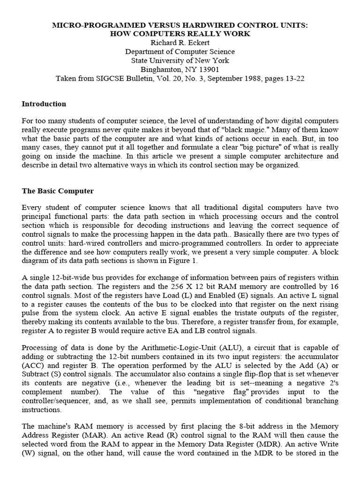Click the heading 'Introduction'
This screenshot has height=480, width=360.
tap(44, 104)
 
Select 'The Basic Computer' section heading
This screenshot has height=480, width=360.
tap(58, 191)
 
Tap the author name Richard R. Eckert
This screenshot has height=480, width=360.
tap(180, 43)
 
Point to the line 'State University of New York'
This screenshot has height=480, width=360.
tap(180, 60)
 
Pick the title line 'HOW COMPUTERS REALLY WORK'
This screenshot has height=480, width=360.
tap(180, 34)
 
